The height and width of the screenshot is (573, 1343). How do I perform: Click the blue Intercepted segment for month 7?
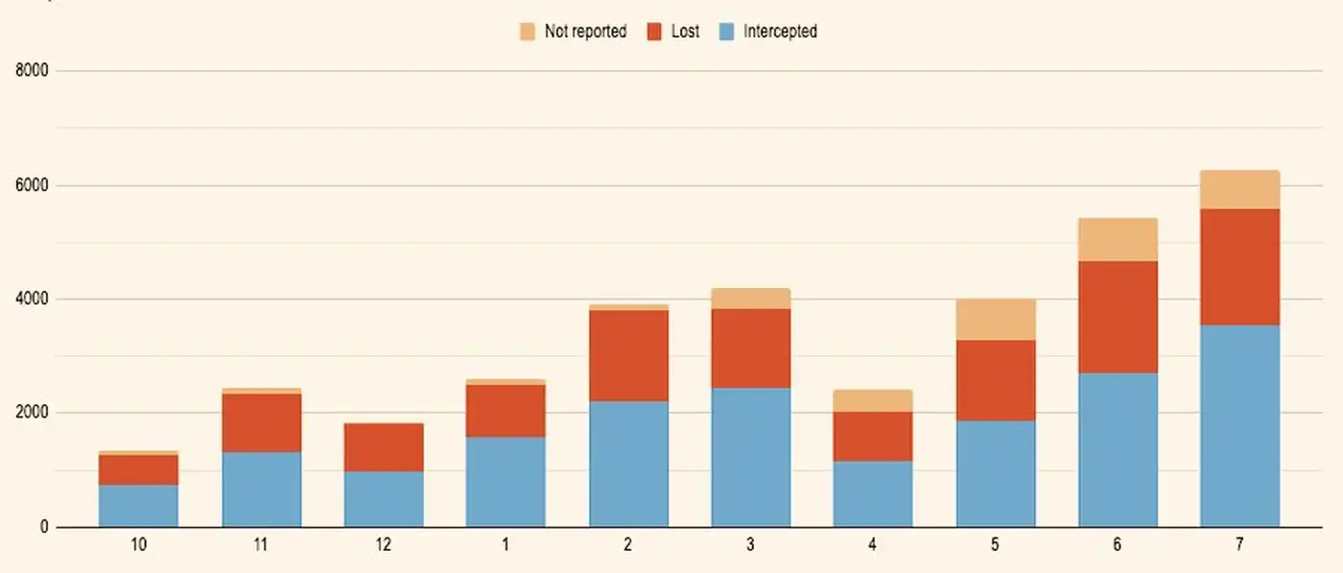1239,425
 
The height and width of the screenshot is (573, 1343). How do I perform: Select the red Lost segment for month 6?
1118,317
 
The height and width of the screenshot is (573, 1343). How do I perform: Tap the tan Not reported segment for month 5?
995,320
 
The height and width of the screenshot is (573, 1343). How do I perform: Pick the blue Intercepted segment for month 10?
138,505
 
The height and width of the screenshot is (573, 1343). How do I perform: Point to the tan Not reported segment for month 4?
872,400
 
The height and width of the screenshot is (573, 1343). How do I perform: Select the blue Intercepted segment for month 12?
383,498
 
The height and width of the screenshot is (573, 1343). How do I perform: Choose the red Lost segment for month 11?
261,422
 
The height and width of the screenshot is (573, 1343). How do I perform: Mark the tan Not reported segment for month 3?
750,298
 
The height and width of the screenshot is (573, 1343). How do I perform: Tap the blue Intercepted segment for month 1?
506,482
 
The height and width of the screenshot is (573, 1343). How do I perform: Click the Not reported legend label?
585,32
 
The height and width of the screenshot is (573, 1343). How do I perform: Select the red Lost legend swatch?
655,32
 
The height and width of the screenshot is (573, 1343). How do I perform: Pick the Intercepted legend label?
780,32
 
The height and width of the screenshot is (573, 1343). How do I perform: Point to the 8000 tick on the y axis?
34,71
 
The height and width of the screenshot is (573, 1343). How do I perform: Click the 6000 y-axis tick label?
34,185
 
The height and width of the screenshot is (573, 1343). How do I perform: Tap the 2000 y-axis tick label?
34,413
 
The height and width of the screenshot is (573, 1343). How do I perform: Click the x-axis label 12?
383,545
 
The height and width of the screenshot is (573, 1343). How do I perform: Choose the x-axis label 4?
872,545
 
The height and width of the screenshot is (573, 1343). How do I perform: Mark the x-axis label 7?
1239,545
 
